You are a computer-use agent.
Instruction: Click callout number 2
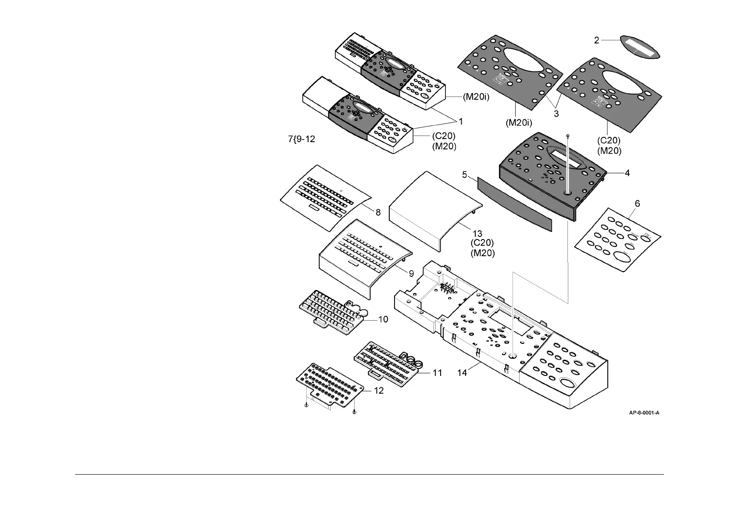[597, 40]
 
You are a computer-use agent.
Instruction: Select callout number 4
[627, 173]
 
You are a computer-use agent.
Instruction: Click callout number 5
[464, 175]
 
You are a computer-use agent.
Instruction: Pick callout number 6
[637, 204]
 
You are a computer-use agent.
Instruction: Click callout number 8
[378, 212]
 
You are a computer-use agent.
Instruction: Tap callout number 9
[411, 273]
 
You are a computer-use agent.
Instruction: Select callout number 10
[383, 320]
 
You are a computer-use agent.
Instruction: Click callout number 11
[437, 373]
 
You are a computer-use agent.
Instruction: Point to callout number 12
[379, 390]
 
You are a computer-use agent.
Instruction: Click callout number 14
[462, 373]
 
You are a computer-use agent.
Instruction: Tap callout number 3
[556, 114]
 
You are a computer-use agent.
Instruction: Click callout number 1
[461, 121]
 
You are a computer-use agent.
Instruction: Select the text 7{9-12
[301, 139]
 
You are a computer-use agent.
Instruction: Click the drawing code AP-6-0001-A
[644, 413]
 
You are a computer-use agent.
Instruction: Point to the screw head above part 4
[568, 136]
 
